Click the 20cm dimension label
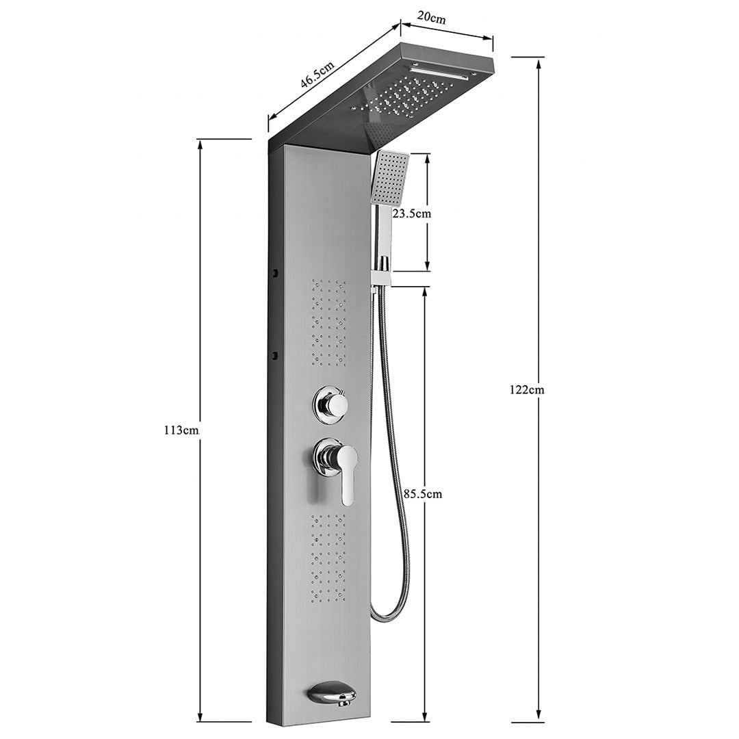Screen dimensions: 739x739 click(433, 18)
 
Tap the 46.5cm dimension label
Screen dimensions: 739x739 click(317, 74)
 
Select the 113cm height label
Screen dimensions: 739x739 click(181, 430)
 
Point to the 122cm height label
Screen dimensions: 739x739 click(527, 390)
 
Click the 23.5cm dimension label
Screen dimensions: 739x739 click(412, 213)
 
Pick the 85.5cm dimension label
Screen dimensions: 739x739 click(423, 493)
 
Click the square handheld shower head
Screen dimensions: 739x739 click(389, 178)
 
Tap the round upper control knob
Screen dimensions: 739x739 click(331, 405)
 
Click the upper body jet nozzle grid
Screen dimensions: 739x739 click(329, 322)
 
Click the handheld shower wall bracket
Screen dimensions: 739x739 click(380, 274)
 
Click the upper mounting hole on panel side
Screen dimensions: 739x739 click(275, 273)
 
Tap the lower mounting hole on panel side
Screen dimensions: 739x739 click(275, 356)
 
